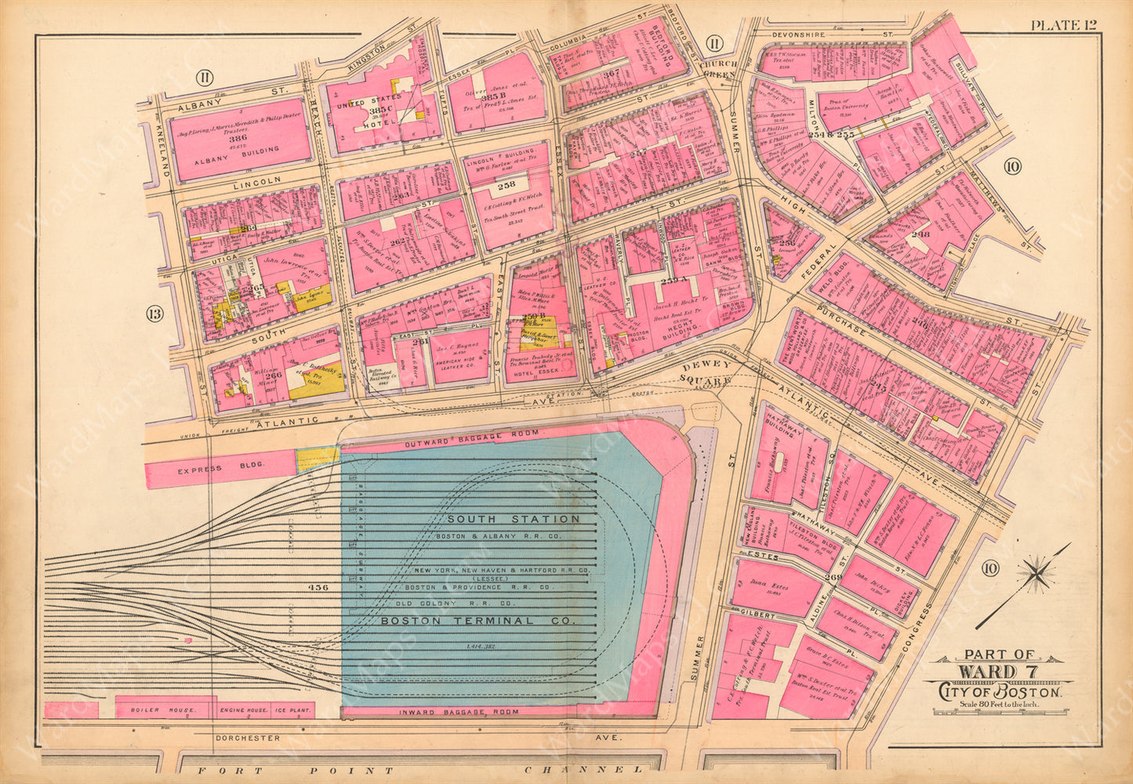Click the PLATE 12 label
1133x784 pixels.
point(1063,24)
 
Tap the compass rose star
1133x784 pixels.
point(1038,575)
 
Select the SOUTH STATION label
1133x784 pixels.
point(514,519)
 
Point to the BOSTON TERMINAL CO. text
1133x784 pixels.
point(478,620)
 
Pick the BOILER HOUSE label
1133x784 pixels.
point(166,711)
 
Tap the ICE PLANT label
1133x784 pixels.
point(292,711)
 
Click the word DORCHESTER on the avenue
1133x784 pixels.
point(247,738)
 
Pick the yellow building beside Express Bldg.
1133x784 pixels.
point(318,460)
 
